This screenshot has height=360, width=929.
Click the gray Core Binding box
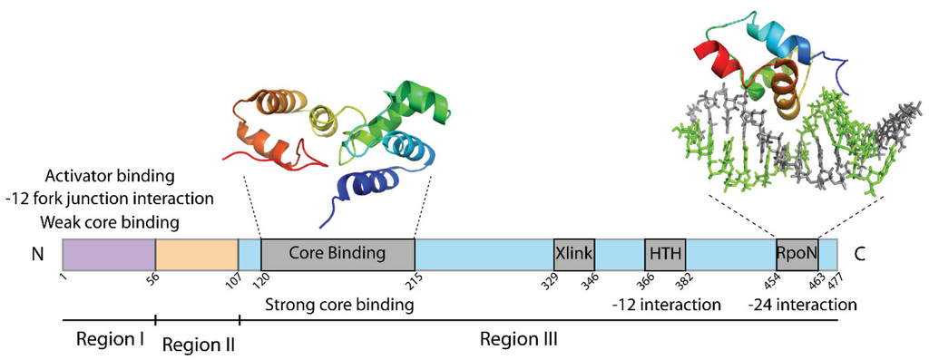click(x=337, y=251)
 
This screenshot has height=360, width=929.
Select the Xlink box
click(x=574, y=251)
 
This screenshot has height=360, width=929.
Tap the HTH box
click(x=664, y=251)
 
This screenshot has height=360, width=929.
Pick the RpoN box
click(x=797, y=251)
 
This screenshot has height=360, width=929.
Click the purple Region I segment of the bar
click(x=109, y=251)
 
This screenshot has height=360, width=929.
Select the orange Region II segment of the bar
click(x=196, y=251)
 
